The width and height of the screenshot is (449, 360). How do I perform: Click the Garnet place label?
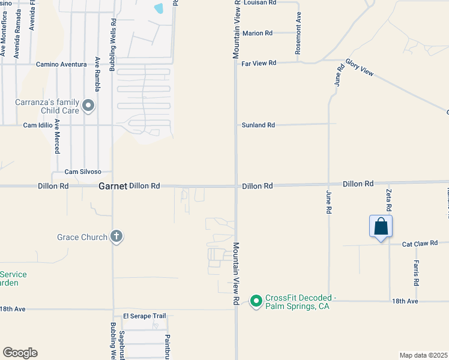(x=113, y=187)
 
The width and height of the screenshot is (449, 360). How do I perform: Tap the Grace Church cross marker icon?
(x=116, y=237)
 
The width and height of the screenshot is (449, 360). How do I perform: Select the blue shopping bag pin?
(x=381, y=227)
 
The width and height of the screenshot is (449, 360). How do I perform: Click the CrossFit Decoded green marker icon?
(x=256, y=300)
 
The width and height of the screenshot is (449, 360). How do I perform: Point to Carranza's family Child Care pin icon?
(x=89, y=106)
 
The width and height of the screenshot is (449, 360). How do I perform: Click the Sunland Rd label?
(x=258, y=125)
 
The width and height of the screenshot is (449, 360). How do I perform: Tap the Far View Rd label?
(x=259, y=63)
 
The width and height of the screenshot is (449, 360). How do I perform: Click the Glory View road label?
(x=359, y=68)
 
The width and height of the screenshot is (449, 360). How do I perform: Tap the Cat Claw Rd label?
(x=418, y=244)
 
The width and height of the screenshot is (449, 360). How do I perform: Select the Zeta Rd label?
(x=388, y=199)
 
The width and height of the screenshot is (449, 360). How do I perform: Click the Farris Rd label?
(x=415, y=272)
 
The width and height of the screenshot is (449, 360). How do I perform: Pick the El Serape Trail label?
(x=144, y=316)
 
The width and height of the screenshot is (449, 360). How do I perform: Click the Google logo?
(x=20, y=353)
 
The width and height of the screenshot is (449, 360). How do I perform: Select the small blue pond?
(x=159, y=9)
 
